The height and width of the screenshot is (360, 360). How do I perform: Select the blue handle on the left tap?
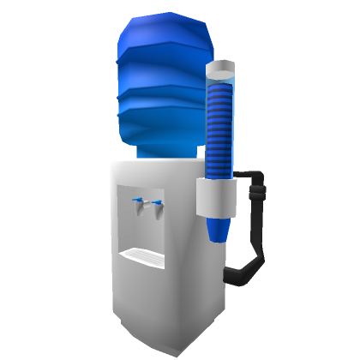136,201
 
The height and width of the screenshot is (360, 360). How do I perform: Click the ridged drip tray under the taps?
142,255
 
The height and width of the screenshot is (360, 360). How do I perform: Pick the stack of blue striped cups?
221,129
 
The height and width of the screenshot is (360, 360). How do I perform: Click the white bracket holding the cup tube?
216,198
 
